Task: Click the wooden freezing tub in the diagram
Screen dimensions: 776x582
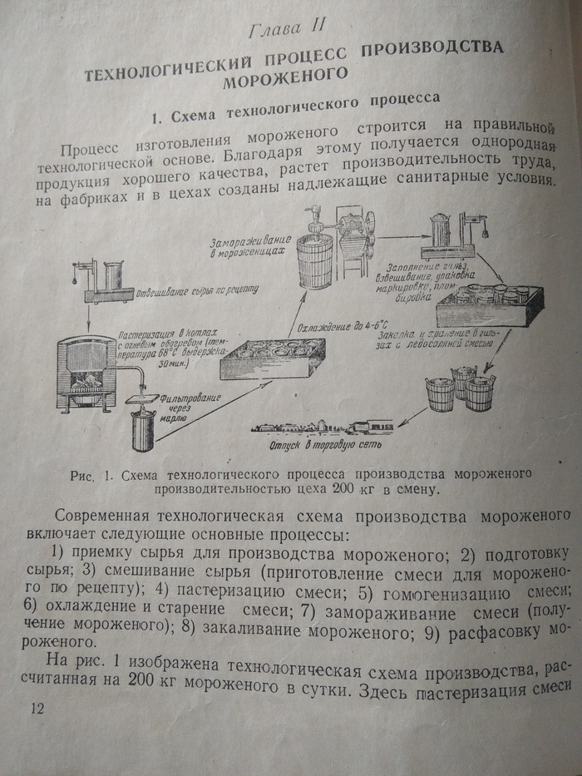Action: coord(316,258)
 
